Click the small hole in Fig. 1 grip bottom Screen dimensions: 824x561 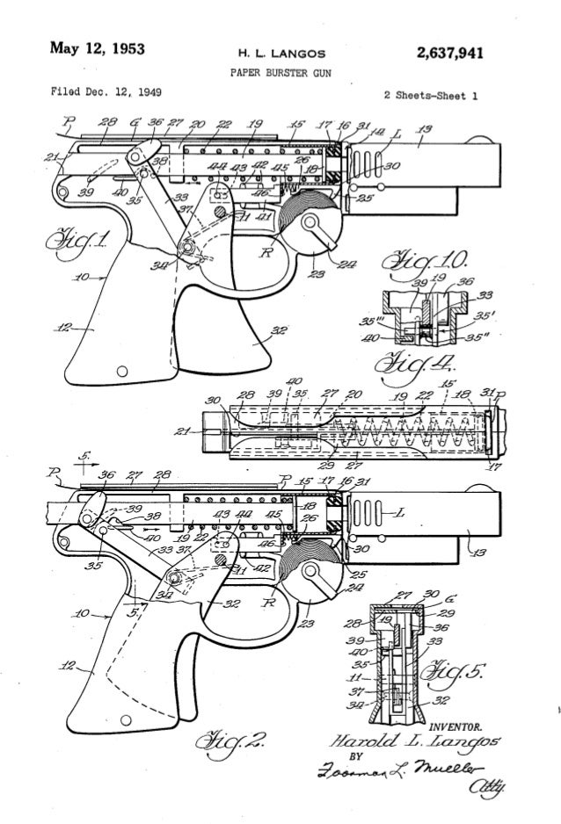(x=122, y=367)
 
